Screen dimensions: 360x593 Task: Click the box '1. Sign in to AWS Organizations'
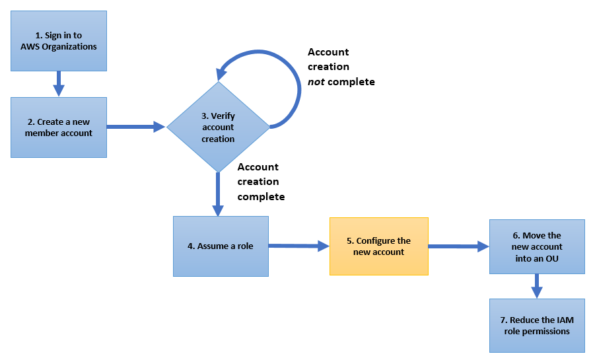(x=58, y=40)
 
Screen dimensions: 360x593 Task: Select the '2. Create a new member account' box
(x=58, y=127)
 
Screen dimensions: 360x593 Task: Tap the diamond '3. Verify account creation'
(x=218, y=127)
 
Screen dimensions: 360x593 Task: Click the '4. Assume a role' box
(x=221, y=246)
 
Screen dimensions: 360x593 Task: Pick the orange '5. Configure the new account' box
(x=378, y=246)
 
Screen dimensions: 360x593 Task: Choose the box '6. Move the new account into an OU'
(x=537, y=246)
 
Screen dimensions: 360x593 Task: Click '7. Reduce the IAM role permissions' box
(x=537, y=325)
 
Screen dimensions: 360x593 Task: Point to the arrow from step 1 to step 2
(x=58, y=83)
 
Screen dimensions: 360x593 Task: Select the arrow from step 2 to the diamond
(x=136, y=126)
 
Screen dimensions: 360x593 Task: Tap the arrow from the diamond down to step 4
(x=217, y=193)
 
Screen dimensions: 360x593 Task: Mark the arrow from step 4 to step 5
(x=298, y=246)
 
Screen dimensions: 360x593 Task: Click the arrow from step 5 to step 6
(x=458, y=246)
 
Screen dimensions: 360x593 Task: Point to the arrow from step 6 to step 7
(x=537, y=285)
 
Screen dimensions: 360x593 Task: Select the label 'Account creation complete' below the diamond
(x=261, y=182)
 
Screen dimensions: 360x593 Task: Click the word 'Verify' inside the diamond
(x=223, y=116)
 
